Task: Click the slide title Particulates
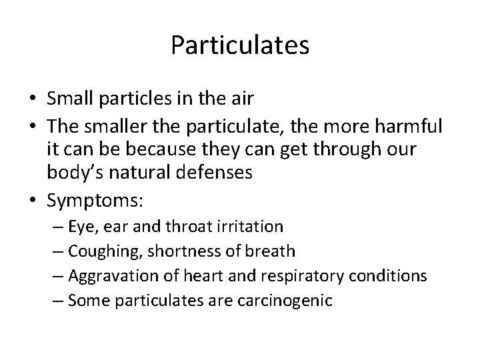[x=240, y=45]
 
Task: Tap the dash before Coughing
[x=59, y=251]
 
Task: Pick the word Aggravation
[x=107, y=276]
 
